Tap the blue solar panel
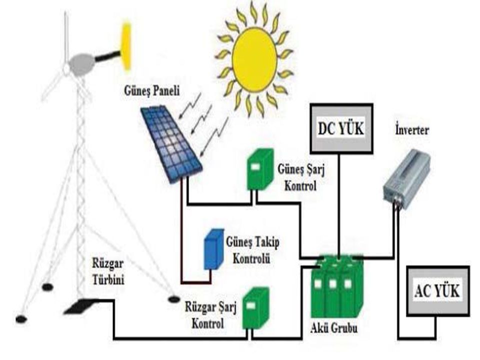(171, 142)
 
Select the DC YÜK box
(341, 128)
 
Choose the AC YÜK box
(437, 290)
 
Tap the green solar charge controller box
(260, 170)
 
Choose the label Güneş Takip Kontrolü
(253, 250)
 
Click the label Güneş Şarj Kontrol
(297, 177)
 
